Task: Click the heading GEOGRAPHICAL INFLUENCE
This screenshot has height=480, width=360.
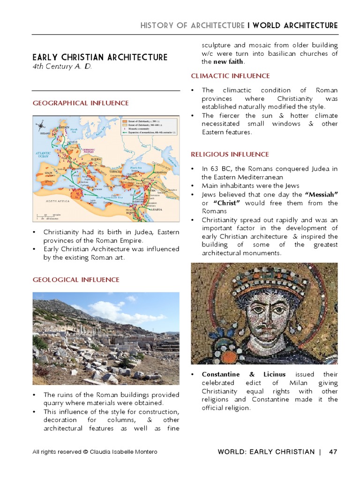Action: [80, 103]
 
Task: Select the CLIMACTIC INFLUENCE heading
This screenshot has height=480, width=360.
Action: [230, 75]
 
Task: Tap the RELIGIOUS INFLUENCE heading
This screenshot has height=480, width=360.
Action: [230, 154]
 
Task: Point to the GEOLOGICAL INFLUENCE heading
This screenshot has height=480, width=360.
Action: [75, 279]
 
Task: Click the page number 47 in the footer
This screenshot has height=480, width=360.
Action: [333, 452]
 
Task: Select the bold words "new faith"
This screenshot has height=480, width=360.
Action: [229, 62]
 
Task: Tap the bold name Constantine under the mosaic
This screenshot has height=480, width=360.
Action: [220, 375]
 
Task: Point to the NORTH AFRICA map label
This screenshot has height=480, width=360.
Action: [58, 201]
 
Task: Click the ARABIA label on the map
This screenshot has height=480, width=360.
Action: [156, 209]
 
